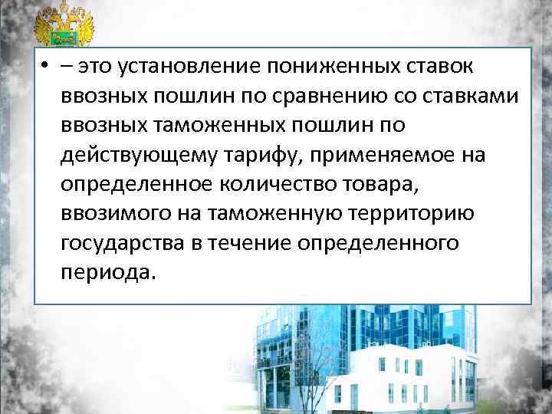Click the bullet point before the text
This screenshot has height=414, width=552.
pos(48,67)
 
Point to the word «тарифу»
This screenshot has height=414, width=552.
pos(255,156)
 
